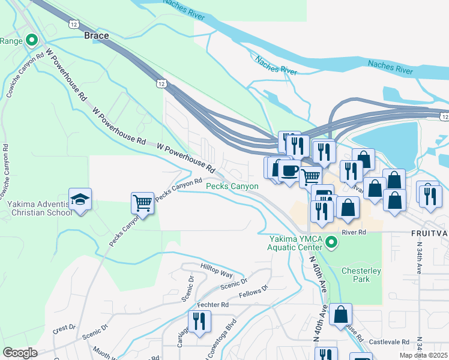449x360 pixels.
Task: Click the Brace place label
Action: coord(96,36)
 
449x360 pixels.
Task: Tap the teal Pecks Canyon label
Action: coord(232,187)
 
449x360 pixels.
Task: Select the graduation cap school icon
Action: coord(80,199)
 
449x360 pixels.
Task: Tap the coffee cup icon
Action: coord(289,170)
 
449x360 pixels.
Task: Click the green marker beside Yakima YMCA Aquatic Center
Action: coord(330,243)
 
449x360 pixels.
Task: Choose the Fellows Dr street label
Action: coord(253,292)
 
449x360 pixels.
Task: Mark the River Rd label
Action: coord(354,232)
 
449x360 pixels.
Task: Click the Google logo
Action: coord(20,352)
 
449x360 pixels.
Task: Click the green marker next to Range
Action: coord(32,41)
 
